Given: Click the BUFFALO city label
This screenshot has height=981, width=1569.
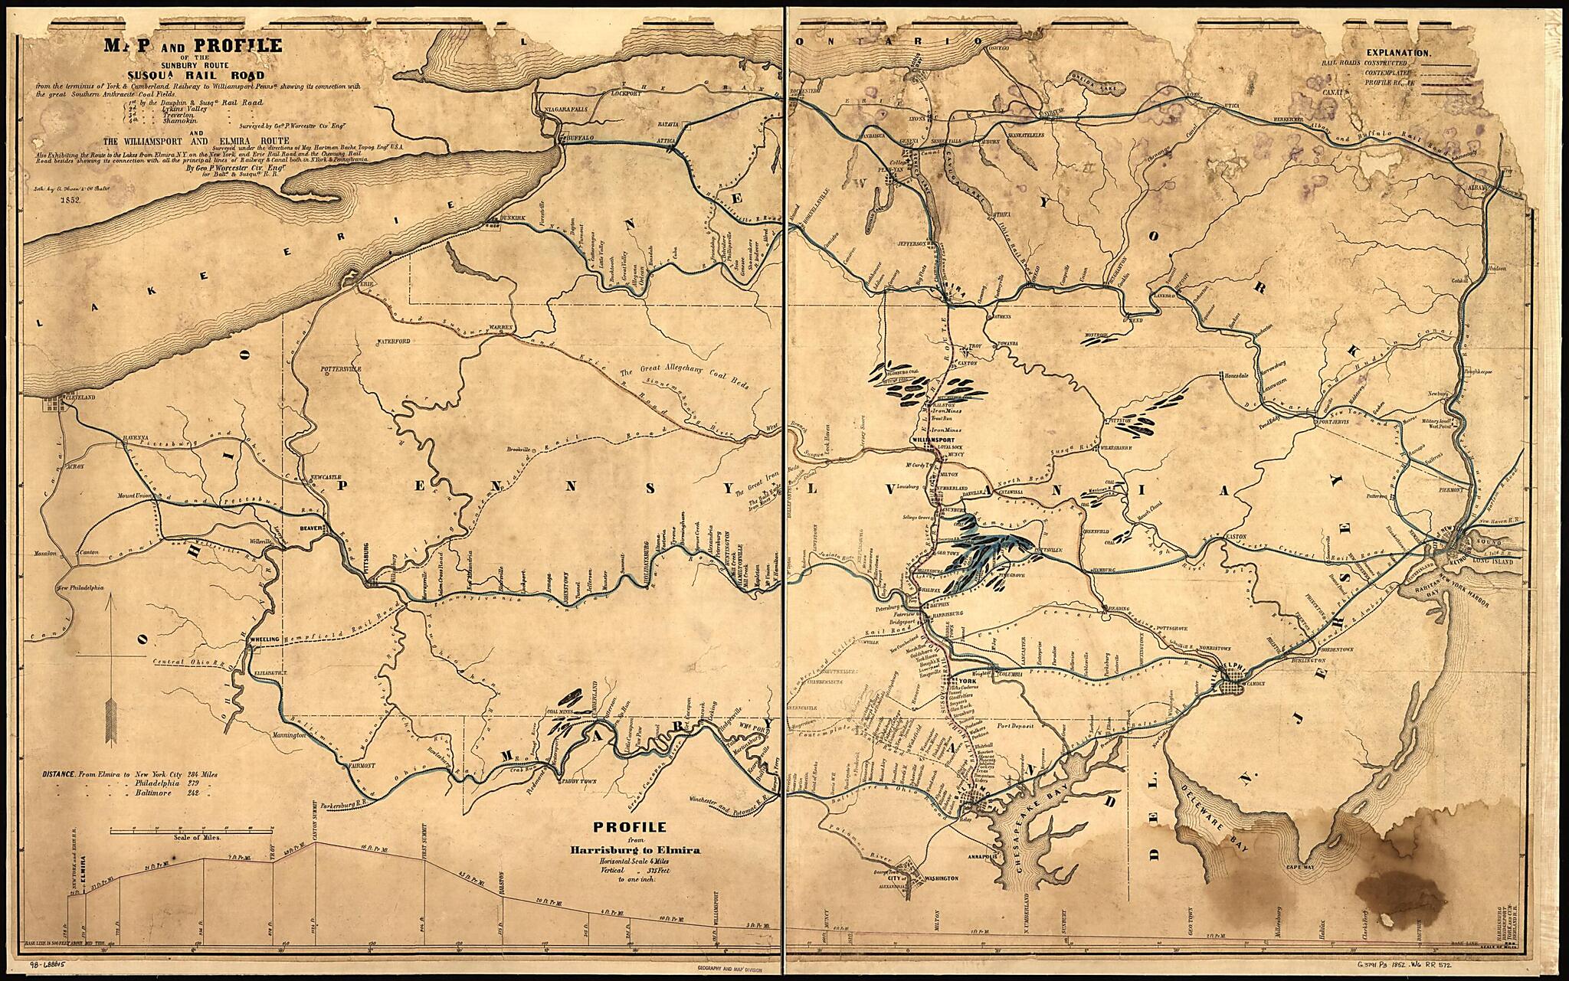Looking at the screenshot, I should click(x=575, y=139).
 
